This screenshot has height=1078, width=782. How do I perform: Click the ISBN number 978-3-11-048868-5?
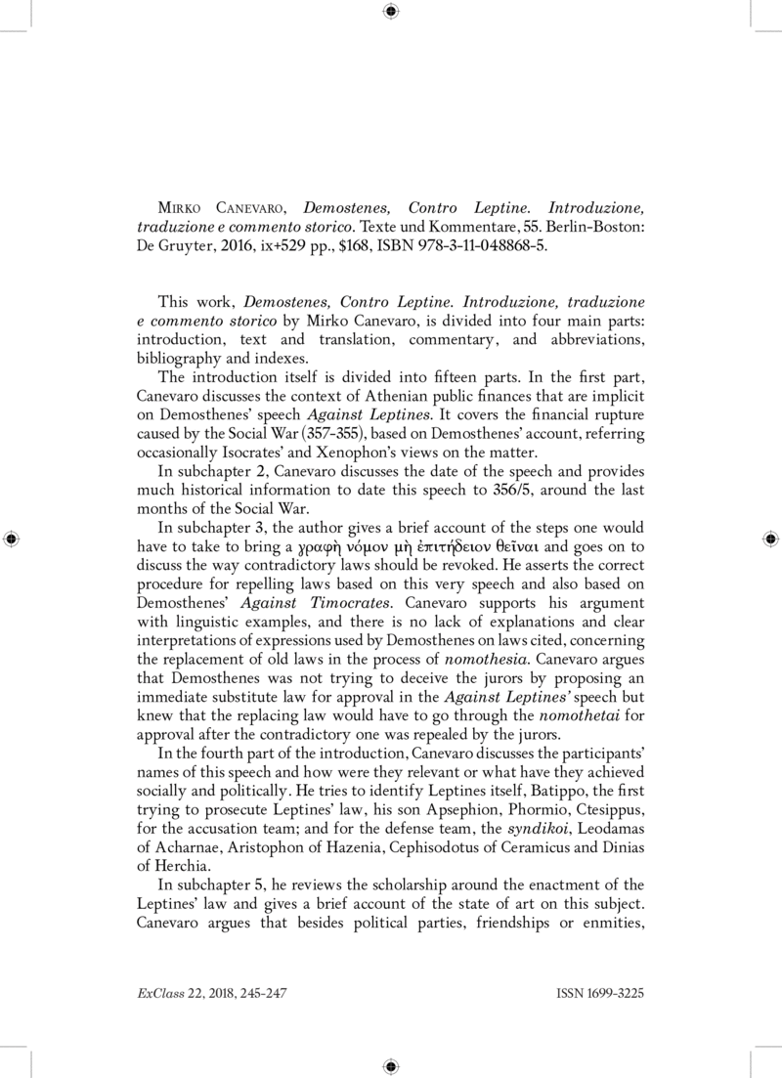click(483, 246)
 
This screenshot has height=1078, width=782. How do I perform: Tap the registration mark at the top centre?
click(390, 12)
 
